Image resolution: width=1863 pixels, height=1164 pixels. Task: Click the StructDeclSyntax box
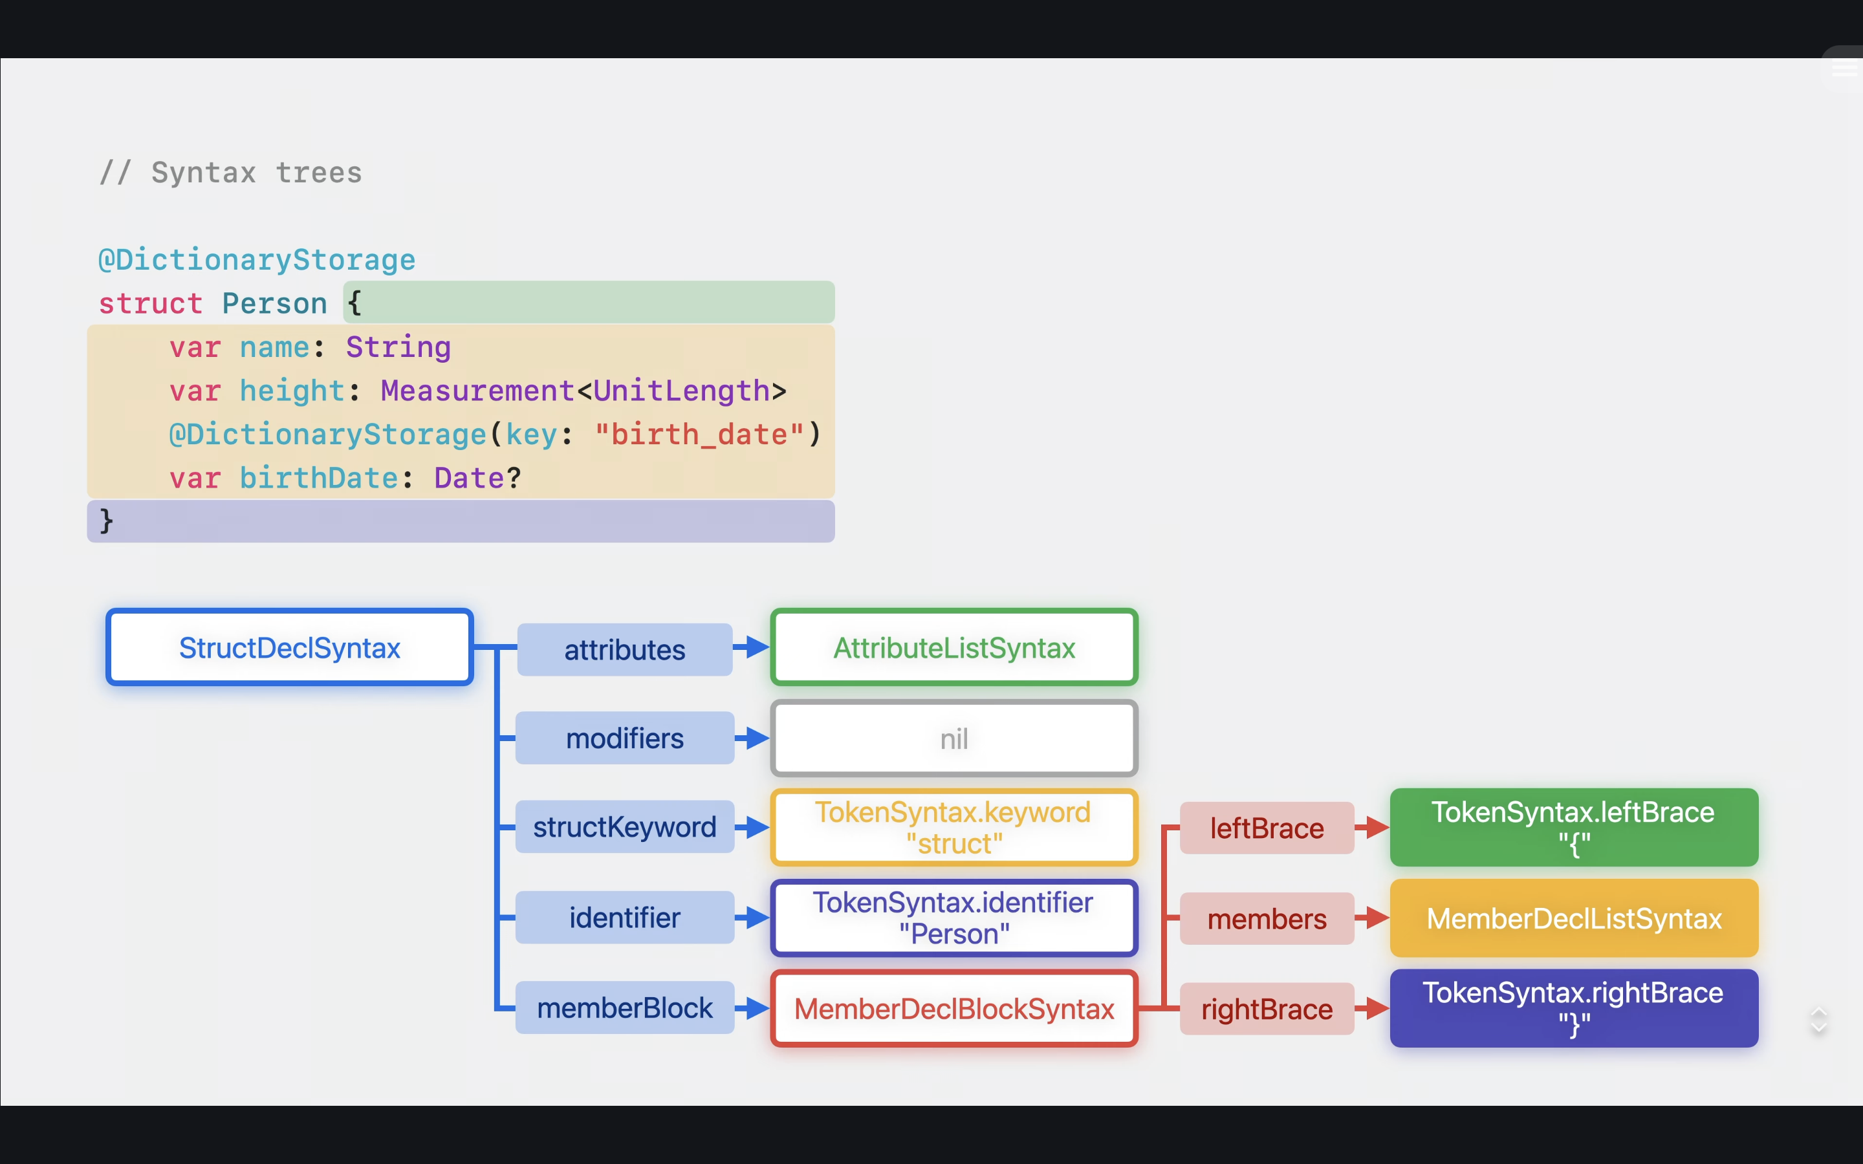point(289,647)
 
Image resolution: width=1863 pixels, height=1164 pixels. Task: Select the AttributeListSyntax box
point(954,647)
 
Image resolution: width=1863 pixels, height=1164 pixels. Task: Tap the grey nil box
point(954,738)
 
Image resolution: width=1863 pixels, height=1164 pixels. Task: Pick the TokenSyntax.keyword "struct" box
point(954,828)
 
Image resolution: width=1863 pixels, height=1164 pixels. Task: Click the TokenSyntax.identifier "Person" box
point(954,918)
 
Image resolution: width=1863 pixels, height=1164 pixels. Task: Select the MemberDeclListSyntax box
point(1574,918)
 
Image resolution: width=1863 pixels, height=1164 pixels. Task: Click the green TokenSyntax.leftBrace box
point(1574,828)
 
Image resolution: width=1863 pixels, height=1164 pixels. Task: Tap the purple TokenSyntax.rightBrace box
point(1574,1008)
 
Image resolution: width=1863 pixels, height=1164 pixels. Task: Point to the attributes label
point(624,650)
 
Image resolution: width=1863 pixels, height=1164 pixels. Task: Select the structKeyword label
point(624,827)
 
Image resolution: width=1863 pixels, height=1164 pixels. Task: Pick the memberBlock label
point(624,1008)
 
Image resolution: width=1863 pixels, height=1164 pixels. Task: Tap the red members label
point(1267,918)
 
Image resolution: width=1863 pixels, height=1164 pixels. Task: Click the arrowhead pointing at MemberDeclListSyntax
point(1378,918)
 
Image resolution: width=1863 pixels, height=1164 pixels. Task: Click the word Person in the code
point(274,303)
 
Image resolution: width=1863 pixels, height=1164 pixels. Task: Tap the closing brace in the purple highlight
point(106,521)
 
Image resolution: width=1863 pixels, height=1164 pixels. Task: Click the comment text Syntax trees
point(256,173)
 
